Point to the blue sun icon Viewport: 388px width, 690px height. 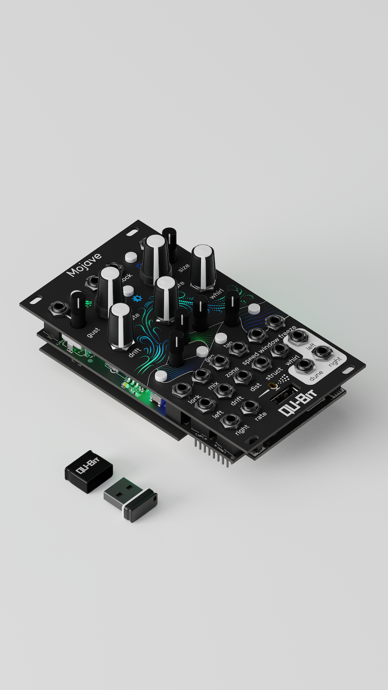(x=137, y=299)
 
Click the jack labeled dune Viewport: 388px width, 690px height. (x=304, y=366)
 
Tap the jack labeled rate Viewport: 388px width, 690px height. (x=249, y=406)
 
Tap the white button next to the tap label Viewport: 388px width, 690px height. (x=220, y=338)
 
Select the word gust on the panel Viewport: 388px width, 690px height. (x=93, y=332)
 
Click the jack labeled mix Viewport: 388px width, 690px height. (x=201, y=375)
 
